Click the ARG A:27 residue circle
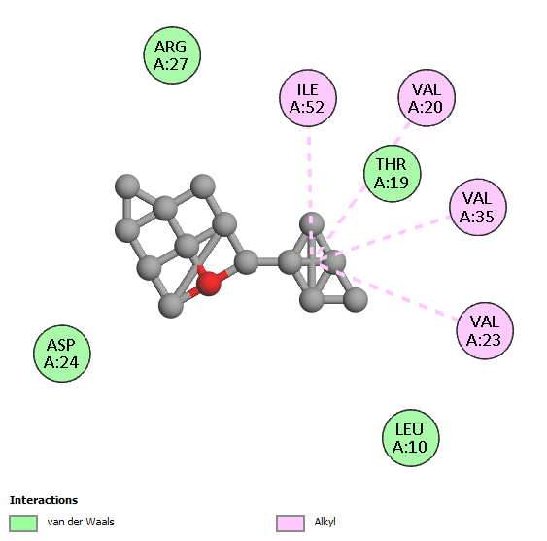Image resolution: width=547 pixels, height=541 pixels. [172, 55]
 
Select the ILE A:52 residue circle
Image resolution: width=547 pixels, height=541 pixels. [308, 98]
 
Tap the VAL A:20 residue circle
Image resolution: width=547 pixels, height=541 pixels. [427, 98]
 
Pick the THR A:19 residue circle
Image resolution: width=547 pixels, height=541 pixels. [393, 173]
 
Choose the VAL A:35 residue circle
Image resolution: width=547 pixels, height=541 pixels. [478, 207]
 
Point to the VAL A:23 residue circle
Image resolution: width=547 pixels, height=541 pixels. [485, 330]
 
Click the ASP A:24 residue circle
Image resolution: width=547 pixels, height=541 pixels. [62, 354]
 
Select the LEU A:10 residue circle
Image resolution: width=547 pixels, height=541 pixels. [411, 438]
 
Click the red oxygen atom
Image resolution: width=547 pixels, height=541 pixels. [209, 284]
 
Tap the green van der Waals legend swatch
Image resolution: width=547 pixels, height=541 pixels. [23, 524]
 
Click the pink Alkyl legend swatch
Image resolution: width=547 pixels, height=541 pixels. [291, 524]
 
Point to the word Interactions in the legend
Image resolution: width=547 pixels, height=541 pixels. [44, 500]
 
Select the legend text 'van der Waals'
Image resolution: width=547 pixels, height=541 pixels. [81, 522]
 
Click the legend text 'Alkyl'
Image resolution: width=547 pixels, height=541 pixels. [325, 522]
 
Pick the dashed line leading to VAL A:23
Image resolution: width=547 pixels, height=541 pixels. [389, 290]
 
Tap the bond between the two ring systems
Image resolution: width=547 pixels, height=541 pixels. [268, 261]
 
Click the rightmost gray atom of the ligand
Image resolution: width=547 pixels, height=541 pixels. [356, 299]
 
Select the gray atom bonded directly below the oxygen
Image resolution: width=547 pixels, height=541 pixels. [171, 306]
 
